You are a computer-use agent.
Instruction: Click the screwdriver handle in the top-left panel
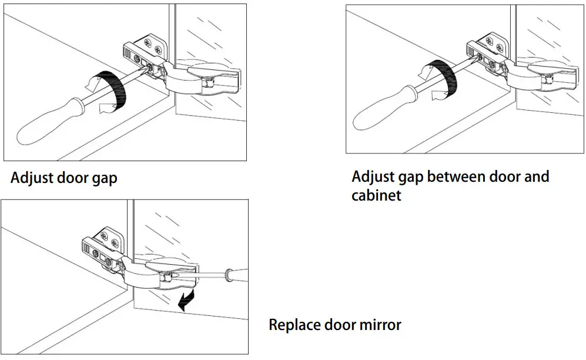tap(50, 122)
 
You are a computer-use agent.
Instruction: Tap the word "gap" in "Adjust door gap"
tap(103, 179)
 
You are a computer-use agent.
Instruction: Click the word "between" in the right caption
tap(455, 176)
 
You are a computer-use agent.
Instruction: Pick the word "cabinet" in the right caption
tap(376, 195)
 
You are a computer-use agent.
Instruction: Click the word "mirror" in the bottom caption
tap(379, 325)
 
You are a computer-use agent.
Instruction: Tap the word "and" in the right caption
tap(536, 176)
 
